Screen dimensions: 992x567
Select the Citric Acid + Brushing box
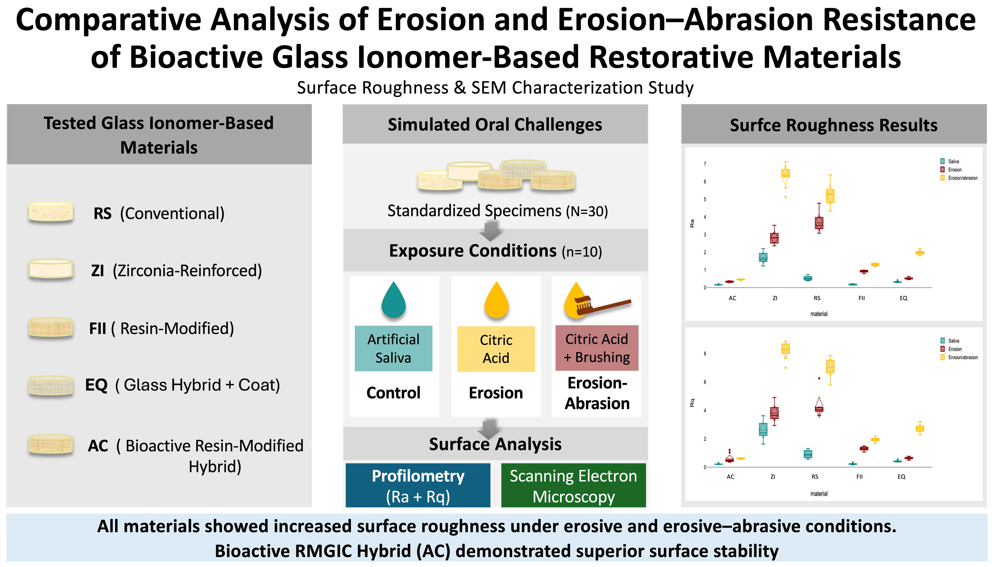(597, 348)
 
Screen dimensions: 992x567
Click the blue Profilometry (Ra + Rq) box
(418, 485)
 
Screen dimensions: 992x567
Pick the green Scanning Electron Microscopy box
(573, 485)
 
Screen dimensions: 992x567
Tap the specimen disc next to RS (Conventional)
(51, 212)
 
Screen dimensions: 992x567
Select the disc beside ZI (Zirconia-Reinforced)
(51, 269)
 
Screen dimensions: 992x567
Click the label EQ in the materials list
(96, 385)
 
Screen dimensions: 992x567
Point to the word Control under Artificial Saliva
(393, 393)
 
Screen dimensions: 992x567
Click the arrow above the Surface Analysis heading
(489, 429)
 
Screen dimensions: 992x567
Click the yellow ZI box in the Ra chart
(786, 173)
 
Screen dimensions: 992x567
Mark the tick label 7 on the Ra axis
(705, 164)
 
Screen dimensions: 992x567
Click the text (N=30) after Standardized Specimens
(587, 211)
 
